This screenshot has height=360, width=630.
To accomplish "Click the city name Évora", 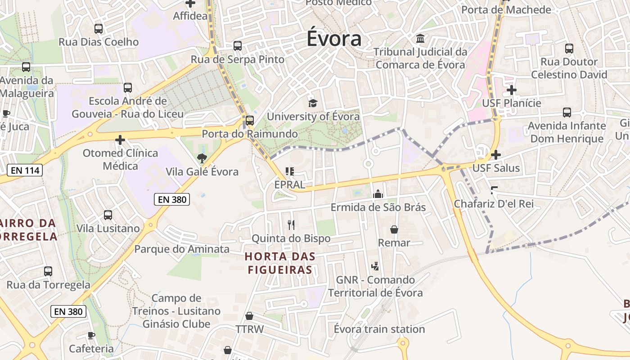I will click(x=334, y=39).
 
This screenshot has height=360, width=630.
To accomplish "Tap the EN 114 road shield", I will click(x=25, y=170).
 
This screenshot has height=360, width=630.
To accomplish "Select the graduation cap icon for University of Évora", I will click(x=313, y=103).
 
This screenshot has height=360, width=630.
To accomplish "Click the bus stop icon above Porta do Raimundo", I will click(x=249, y=120).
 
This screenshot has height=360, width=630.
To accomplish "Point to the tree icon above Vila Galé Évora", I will click(x=202, y=158).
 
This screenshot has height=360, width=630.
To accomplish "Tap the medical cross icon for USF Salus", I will click(x=496, y=155).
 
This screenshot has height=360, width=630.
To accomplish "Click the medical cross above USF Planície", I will click(x=511, y=90).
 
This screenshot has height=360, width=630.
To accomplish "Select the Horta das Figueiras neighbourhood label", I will click(x=279, y=263).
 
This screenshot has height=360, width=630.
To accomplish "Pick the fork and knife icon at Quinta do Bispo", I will click(x=291, y=224).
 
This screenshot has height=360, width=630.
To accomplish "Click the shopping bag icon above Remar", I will click(x=394, y=229).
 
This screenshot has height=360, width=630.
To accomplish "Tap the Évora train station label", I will click(x=379, y=329).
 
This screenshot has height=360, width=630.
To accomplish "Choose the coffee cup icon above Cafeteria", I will click(x=91, y=335).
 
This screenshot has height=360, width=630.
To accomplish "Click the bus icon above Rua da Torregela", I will click(x=48, y=271).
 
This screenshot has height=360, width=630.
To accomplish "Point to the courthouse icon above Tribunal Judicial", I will click(x=420, y=39).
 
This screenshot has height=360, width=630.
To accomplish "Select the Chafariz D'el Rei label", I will click(x=494, y=204).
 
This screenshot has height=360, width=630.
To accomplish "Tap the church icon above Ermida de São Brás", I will click(x=378, y=194).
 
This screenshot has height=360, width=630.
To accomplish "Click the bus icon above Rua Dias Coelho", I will click(x=99, y=29).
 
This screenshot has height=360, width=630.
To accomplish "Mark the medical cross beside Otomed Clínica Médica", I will click(x=120, y=140).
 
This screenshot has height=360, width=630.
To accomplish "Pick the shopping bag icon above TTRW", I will click(x=249, y=316).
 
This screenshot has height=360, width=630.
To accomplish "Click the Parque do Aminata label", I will click(x=182, y=249).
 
